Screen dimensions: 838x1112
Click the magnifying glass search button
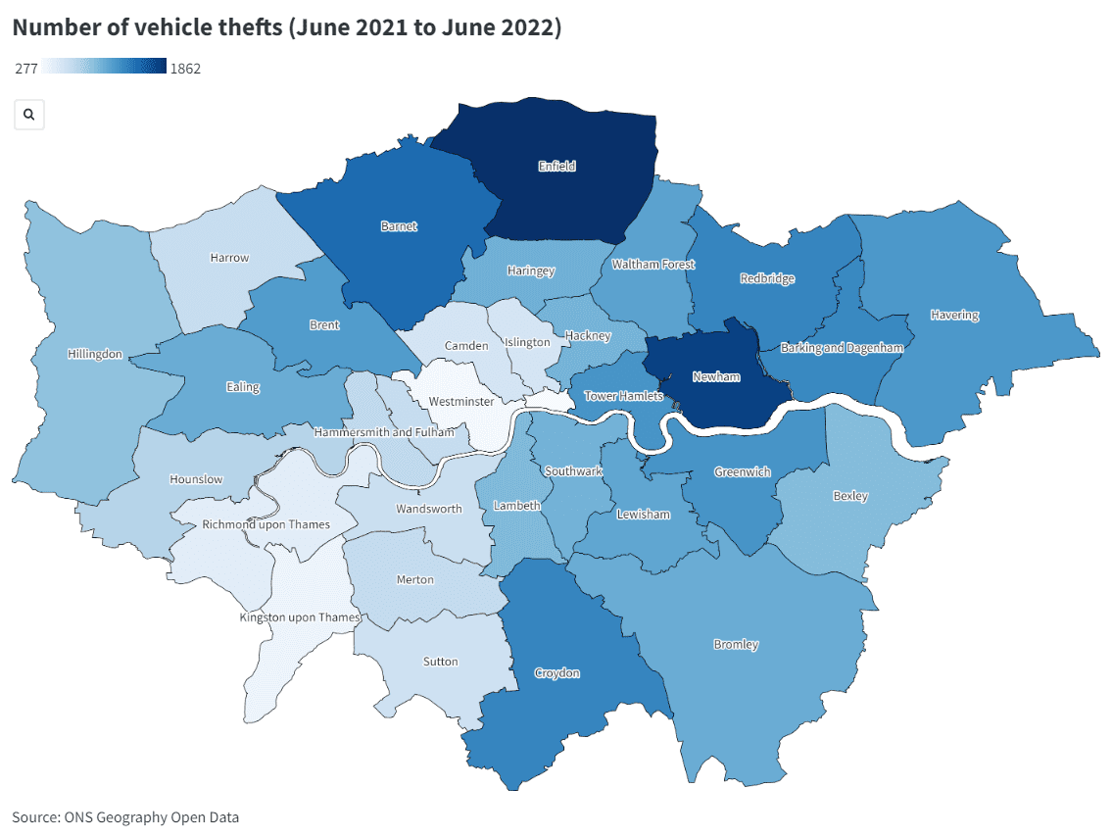29,115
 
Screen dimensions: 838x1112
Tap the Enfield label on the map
556,167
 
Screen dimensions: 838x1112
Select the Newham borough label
715,377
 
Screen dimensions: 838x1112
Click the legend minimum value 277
26,69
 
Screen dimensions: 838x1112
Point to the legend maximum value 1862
185,69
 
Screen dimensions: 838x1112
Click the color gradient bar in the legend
105,68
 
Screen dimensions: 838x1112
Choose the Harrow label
229,258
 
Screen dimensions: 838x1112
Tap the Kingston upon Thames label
301,617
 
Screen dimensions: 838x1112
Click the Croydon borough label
556,673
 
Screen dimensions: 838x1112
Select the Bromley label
736,645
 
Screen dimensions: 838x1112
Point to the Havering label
954,316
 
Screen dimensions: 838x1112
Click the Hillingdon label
95,354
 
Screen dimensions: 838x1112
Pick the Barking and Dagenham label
842,347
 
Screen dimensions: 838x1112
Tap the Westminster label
461,402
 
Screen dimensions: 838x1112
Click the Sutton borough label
440,662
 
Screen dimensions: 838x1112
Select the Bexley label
850,496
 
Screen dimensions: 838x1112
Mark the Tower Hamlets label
623,396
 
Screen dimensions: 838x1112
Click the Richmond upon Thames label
266,525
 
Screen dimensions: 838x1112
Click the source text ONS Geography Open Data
125,817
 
